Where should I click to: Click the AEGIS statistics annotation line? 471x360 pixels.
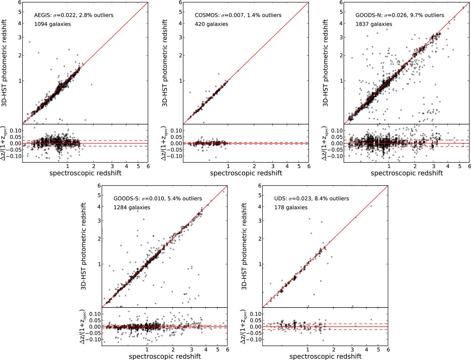tap(74, 15)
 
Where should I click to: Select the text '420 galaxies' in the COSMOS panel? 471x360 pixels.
tap(211, 24)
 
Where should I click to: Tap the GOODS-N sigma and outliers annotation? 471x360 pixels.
tap(400, 15)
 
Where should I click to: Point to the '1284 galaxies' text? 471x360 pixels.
tap(132, 207)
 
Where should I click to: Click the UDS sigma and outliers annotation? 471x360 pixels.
tap(311, 199)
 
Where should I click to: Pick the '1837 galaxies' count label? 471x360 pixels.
tap(374, 24)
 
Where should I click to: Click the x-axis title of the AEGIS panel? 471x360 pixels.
tap(85, 173)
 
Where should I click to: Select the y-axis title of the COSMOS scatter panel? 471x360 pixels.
tap(165, 63)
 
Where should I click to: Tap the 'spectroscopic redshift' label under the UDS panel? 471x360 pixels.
tap(325, 356)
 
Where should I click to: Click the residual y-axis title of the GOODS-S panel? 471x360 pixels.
tap(83, 326)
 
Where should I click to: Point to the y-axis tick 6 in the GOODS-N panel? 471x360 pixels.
tap(341, 2)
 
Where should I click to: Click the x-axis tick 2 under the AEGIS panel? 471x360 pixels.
tap(94, 166)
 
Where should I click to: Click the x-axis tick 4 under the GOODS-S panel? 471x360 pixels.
tap(206, 350)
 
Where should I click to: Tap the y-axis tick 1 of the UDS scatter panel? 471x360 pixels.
tap(260, 264)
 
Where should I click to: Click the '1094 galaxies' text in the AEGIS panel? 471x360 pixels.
tap(52, 24)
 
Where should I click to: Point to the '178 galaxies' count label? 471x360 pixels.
tap(291, 207)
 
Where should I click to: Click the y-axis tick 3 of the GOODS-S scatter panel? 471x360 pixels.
tap(99, 221)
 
